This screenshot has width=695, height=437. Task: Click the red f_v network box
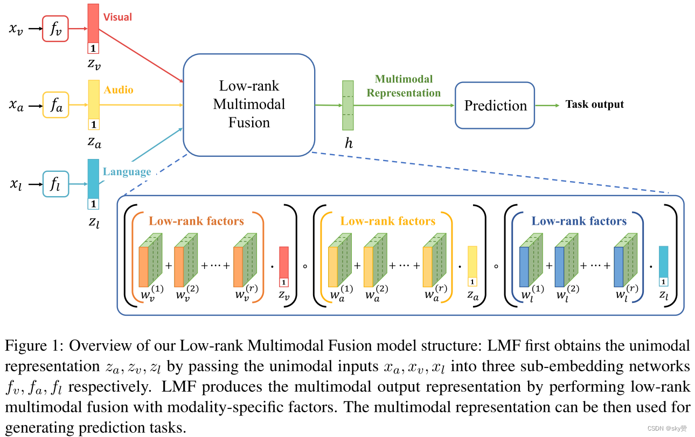coord(56,29)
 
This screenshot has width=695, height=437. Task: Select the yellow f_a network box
coord(56,106)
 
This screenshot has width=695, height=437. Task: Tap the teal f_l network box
coord(56,184)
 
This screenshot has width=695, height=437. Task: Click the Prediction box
coord(495,105)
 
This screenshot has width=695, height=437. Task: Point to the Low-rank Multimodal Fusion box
coord(249,105)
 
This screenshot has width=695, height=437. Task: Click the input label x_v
coord(16,29)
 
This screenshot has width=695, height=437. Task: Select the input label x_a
coord(16,106)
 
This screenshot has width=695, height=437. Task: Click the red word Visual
coord(117,17)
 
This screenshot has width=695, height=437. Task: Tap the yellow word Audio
coord(119,90)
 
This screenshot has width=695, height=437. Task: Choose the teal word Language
coord(127,172)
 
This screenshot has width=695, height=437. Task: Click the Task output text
coord(594,105)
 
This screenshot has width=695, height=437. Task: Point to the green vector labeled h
coord(348,105)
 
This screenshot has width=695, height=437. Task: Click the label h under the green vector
coord(348,143)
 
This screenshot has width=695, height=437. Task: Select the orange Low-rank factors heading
coord(196,221)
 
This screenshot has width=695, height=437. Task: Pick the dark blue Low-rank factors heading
coord(579,221)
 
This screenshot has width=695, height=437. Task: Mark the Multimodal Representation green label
coord(404,86)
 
